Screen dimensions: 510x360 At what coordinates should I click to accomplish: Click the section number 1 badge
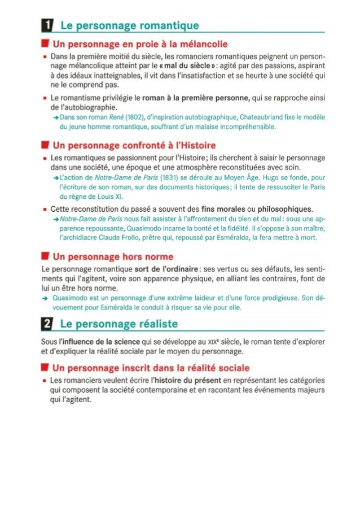click(x=49, y=25)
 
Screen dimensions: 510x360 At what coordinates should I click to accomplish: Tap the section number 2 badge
click(x=49, y=324)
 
